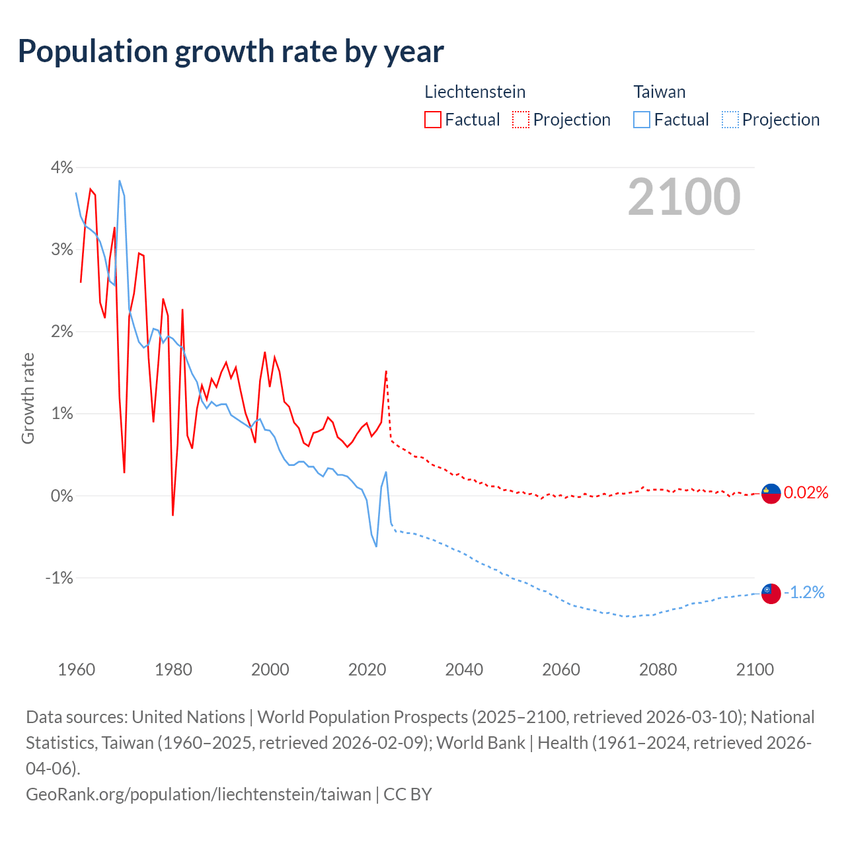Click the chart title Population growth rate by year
(231, 52)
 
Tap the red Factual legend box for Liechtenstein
(433, 120)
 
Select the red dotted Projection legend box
(521, 120)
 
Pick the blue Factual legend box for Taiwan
(642, 120)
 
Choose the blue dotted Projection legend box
(730, 120)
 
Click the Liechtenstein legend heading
(475, 92)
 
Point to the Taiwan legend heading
(660, 92)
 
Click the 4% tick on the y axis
(61, 167)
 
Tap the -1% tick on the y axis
(59, 578)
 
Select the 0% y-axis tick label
(61, 496)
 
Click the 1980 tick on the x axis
(173, 670)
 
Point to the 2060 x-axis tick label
(561, 670)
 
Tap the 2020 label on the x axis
(367, 670)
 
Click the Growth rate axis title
(28, 399)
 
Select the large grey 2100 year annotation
(684, 197)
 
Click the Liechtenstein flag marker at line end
(771, 493)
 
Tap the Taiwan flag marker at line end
(771, 594)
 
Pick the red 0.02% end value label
(806, 493)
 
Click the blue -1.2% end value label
(804, 593)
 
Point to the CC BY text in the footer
(408, 794)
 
